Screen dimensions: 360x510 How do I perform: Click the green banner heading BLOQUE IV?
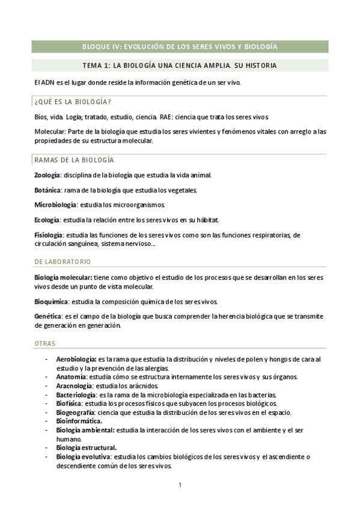(179, 46)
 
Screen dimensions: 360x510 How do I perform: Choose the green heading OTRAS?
(45, 343)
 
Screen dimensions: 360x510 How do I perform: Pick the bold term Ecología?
(47, 220)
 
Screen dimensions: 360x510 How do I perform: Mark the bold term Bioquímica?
(51, 301)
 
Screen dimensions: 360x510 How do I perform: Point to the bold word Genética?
(47, 315)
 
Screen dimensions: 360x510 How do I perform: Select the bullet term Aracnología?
(74, 386)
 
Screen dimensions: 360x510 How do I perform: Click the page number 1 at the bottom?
(180, 485)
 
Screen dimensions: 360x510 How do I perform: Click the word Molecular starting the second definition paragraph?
(50, 132)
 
